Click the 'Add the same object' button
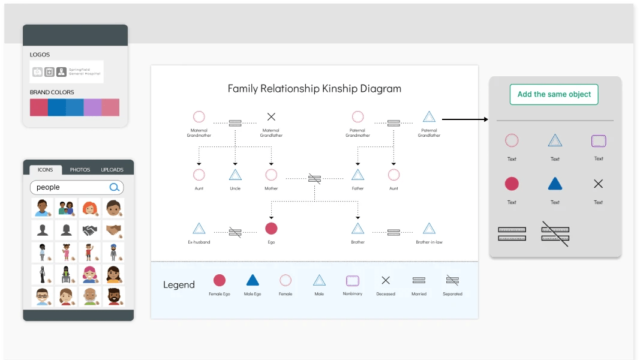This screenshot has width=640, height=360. pyautogui.click(x=554, y=94)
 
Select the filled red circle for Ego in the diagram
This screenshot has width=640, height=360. pyautogui.click(x=271, y=228)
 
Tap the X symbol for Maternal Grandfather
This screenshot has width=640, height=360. pyautogui.click(x=271, y=117)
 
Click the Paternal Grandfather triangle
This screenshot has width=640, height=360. pyautogui.click(x=429, y=117)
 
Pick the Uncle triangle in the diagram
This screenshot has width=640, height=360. pyautogui.click(x=235, y=175)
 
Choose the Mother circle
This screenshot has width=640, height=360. pyautogui.click(x=271, y=175)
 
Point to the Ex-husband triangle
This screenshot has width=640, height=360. pyautogui.click(x=199, y=229)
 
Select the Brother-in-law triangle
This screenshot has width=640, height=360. pyautogui.click(x=429, y=229)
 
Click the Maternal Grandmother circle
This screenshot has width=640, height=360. pyautogui.click(x=199, y=117)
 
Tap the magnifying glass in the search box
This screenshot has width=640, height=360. pyautogui.click(x=115, y=187)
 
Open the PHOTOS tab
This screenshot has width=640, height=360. pyautogui.click(x=80, y=170)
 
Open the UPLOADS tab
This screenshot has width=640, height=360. pyautogui.click(x=112, y=170)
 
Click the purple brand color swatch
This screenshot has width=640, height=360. pyautogui.click(x=92, y=107)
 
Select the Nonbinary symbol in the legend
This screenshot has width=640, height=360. pyautogui.click(x=352, y=280)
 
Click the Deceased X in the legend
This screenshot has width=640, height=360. pyautogui.click(x=386, y=280)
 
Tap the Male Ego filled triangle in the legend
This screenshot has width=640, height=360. pyautogui.click(x=253, y=280)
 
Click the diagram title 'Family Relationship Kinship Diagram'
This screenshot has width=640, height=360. pyautogui.click(x=314, y=89)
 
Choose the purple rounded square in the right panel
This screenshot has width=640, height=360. pyautogui.click(x=599, y=141)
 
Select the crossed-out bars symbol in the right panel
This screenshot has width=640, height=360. pyautogui.click(x=555, y=234)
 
